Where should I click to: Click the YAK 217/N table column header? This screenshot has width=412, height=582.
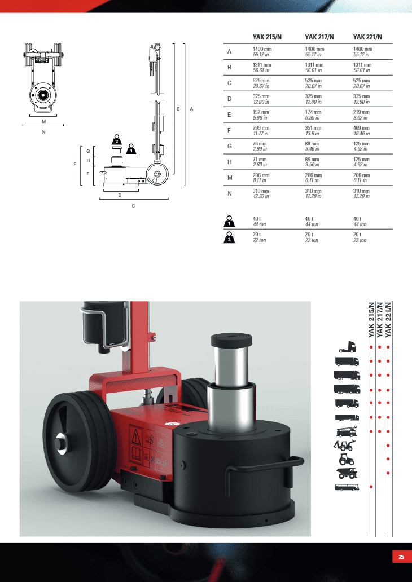coord(319,37)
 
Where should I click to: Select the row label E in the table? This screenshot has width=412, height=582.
coord(229,114)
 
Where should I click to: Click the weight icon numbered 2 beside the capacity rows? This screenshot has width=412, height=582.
coord(229,237)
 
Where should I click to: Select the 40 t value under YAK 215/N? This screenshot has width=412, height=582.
coord(257,219)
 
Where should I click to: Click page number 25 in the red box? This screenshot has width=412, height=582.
coord(401,557)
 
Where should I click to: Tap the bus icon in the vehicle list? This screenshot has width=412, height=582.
coord(347,487)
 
